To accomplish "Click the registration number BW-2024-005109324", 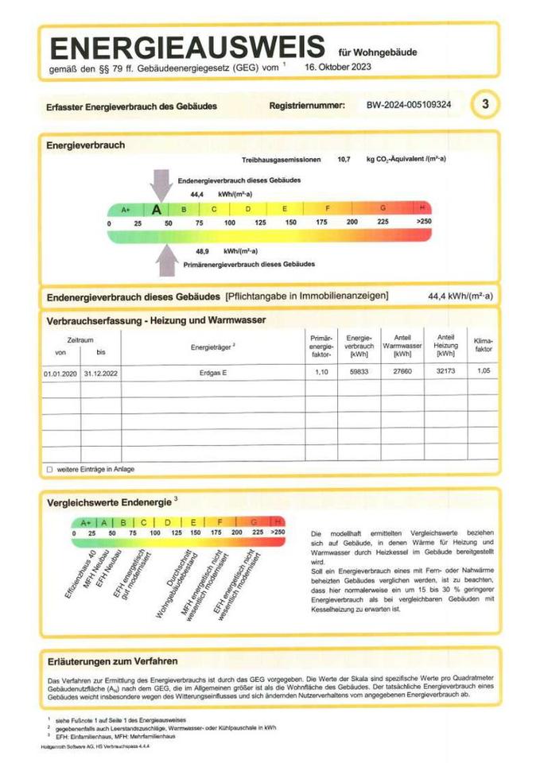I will (409, 105).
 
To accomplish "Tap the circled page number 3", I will (485, 104).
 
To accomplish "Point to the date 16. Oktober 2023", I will (337, 68).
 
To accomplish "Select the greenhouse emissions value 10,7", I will (344, 160).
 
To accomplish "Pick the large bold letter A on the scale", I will (157, 210).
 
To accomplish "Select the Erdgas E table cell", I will (212, 371).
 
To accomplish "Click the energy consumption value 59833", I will (354, 371).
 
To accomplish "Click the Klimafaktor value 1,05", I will (483, 371).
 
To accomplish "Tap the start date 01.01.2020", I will (59, 371).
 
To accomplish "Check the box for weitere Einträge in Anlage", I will (49, 470).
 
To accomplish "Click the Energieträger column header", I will (212, 347).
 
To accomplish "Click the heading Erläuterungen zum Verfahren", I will (112, 660).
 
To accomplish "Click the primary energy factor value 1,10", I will (321, 371).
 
